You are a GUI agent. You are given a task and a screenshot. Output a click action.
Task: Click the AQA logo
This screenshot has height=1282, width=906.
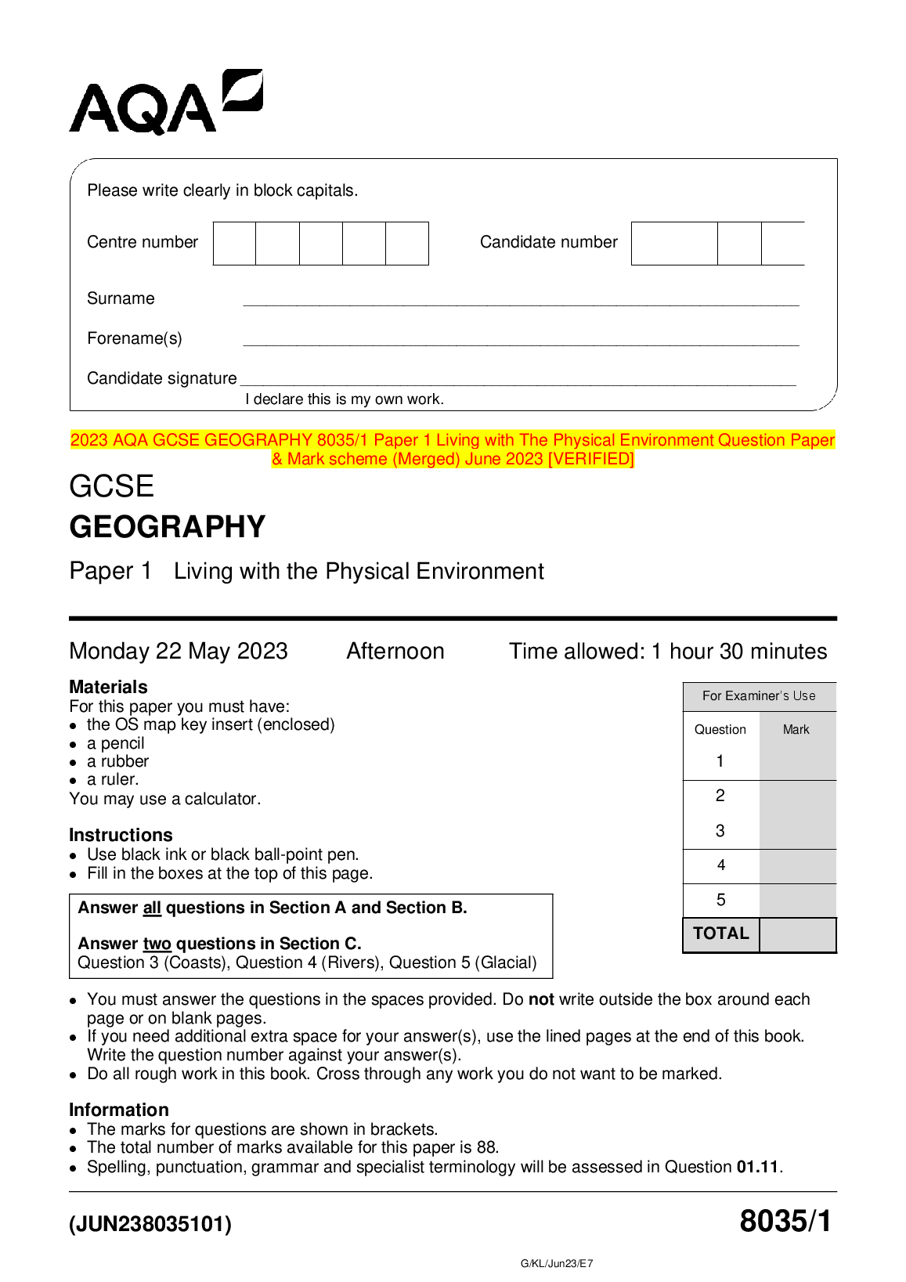point(165,103)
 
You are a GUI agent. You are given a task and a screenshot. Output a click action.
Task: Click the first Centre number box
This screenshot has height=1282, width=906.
point(234,244)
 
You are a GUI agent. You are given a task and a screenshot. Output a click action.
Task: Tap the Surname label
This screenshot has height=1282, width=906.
point(121,298)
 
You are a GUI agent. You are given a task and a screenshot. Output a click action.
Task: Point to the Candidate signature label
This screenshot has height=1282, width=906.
point(161,378)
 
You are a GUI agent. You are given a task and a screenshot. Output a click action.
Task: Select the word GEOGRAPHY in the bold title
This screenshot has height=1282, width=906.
point(168,527)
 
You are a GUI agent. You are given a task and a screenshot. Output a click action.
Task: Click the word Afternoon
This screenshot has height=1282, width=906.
point(395,651)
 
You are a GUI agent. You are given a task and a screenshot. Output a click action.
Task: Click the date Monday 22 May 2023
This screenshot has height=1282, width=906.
point(179,651)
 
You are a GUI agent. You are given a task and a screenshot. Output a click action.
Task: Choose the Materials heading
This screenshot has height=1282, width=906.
point(108,687)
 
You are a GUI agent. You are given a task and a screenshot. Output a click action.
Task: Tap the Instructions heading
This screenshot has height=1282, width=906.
point(121,835)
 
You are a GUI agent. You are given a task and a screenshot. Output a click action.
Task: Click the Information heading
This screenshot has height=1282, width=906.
point(119,1110)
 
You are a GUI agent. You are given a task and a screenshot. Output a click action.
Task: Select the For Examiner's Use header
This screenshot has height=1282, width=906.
point(759,695)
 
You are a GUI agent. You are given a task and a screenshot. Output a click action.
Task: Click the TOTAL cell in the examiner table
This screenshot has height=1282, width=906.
point(721,934)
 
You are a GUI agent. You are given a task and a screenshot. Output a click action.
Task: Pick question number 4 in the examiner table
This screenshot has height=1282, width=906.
point(720,865)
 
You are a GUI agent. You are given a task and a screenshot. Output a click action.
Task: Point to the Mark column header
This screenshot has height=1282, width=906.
point(796,729)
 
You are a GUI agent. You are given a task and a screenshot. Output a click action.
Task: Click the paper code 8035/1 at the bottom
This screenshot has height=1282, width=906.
point(785,1221)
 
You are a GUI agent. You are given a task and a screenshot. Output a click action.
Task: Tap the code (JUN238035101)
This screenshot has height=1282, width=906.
point(150,1223)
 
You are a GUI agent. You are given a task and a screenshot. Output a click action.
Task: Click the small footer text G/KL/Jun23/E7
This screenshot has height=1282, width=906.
point(557,1263)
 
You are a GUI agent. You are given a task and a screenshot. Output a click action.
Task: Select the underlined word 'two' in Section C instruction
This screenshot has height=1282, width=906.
point(157,944)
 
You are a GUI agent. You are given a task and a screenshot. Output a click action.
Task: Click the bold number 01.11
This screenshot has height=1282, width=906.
point(757,1167)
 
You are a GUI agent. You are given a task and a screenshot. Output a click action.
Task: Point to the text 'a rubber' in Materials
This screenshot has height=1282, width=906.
point(117,761)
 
